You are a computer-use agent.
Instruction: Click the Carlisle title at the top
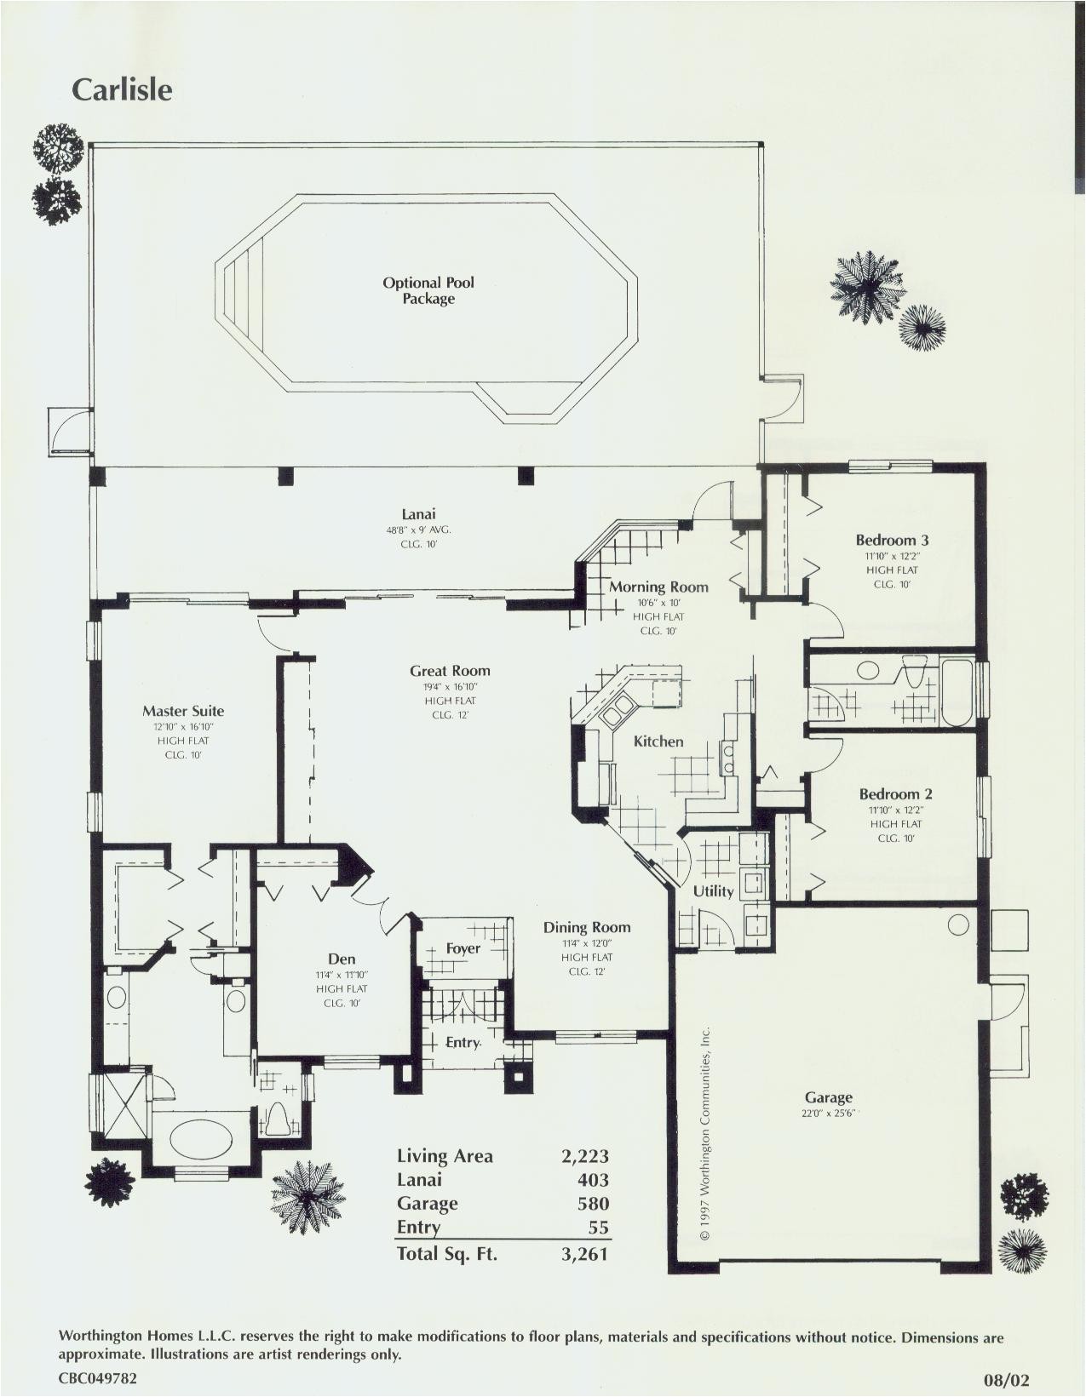(x=122, y=90)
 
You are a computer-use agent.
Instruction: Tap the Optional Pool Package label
(x=428, y=290)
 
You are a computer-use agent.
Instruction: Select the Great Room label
(x=450, y=671)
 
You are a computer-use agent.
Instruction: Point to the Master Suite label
(x=183, y=711)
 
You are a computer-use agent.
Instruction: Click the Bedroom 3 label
(x=892, y=540)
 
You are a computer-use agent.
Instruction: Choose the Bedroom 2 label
(x=895, y=794)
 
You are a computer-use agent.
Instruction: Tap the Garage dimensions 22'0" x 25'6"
(x=827, y=1114)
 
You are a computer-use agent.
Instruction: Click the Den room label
(x=342, y=959)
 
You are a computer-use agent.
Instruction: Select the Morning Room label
(x=658, y=587)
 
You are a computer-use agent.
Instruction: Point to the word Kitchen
(x=658, y=741)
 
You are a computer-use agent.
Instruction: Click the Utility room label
(x=713, y=891)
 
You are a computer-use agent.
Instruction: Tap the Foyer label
(x=463, y=948)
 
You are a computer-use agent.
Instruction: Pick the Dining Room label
(x=587, y=927)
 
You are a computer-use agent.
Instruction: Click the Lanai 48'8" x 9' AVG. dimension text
(x=418, y=530)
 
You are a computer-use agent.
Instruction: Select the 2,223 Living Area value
(x=585, y=1156)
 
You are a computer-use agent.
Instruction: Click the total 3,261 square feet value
(x=585, y=1253)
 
